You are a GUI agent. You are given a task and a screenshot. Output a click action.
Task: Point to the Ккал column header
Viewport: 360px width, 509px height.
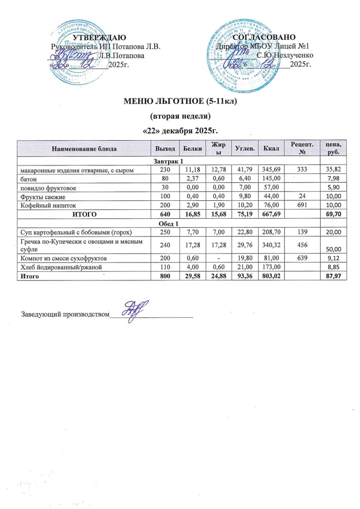[271, 148]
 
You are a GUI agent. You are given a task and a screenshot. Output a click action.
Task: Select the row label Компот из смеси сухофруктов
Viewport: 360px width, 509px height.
[59, 258]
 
